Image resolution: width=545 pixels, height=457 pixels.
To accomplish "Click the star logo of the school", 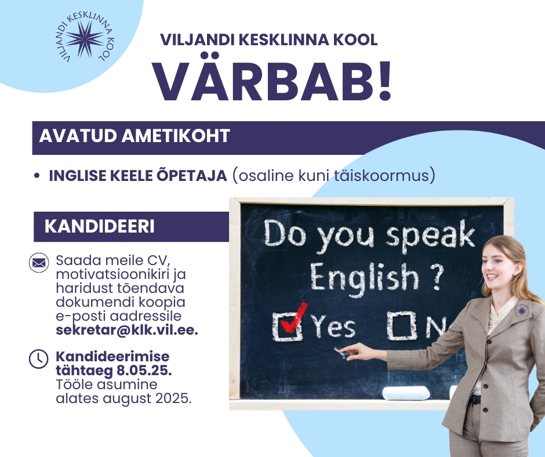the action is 85,39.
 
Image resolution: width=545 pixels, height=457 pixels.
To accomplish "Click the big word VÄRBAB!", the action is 273,82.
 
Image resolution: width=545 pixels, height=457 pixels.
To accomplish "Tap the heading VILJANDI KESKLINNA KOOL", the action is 268,39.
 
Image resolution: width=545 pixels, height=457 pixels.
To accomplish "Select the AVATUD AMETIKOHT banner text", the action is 135,136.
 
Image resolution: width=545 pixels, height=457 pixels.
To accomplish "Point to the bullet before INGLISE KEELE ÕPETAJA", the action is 37,176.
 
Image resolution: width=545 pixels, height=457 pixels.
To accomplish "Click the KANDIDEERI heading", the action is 99,226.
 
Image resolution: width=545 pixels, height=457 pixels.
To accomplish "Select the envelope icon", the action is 39,263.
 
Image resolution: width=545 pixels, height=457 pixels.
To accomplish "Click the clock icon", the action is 39,358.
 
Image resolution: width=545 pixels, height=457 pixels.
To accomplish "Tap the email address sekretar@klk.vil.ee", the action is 127,330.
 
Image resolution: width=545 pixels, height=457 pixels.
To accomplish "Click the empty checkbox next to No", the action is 402,325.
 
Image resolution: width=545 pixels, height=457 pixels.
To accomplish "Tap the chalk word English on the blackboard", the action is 364,278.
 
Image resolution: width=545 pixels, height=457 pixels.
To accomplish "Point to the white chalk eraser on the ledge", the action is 406,393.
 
